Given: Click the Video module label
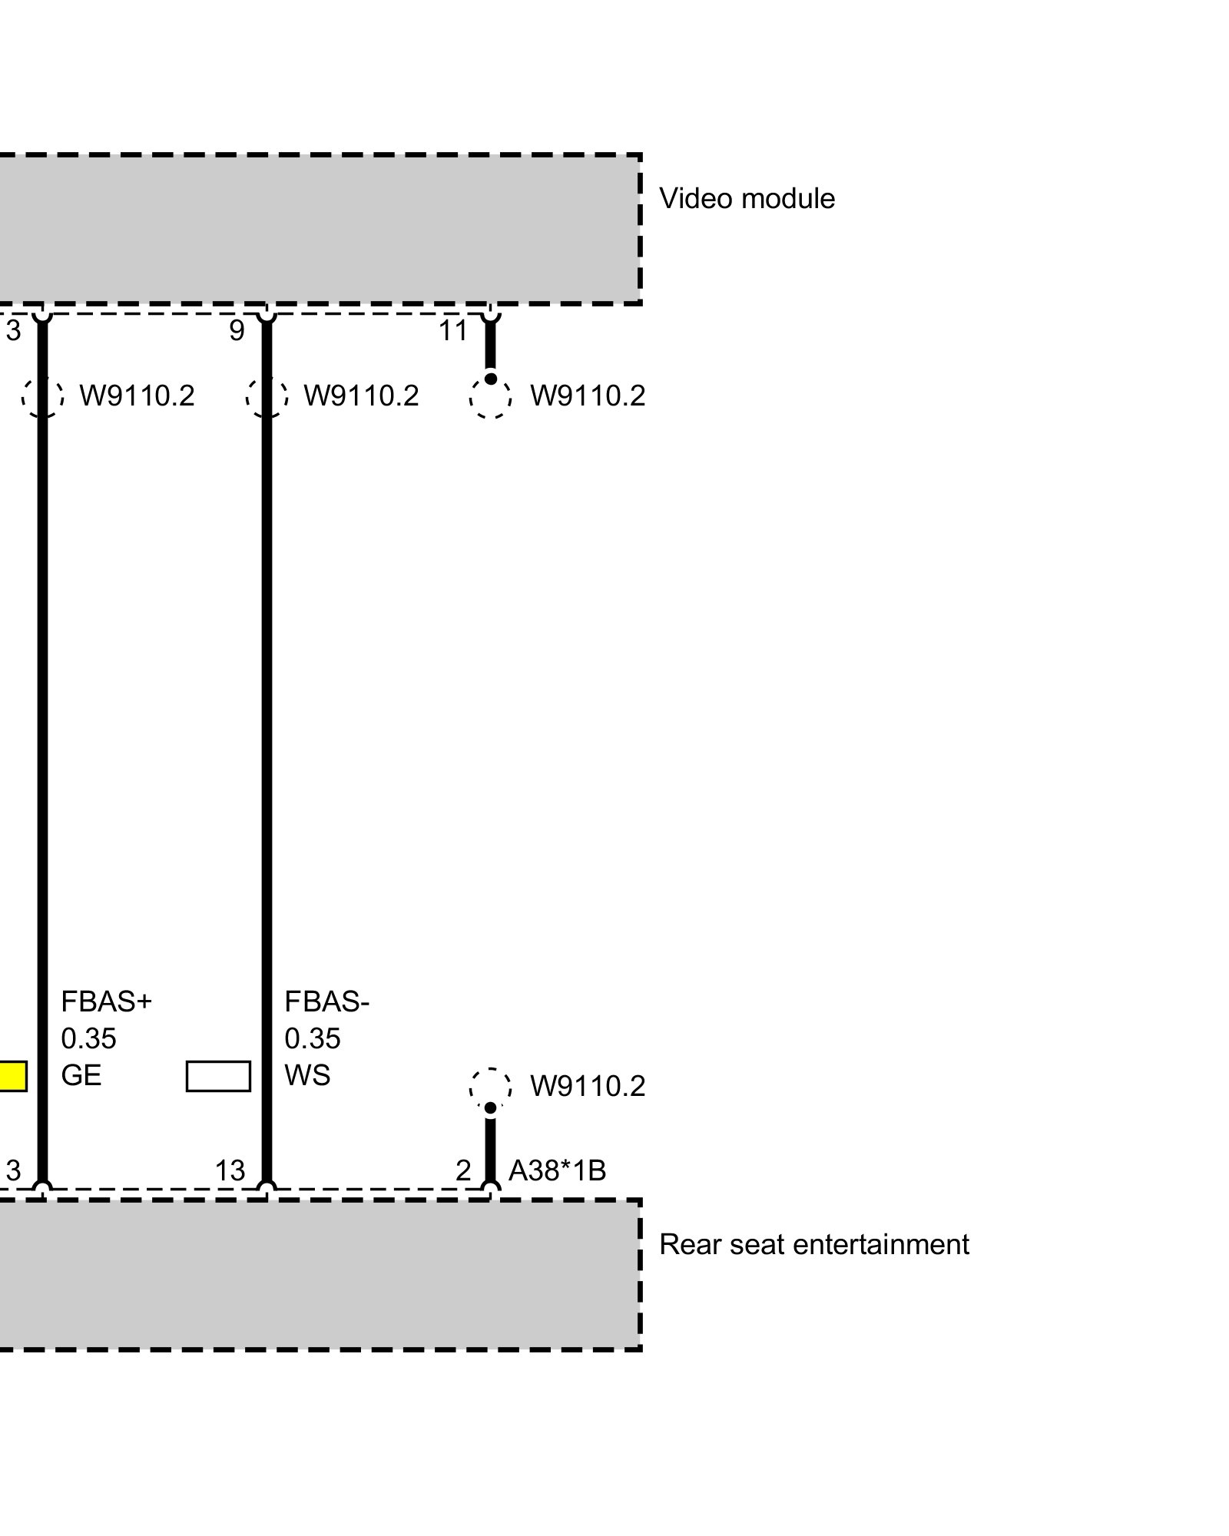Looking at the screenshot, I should pyautogui.click(x=747, y=199).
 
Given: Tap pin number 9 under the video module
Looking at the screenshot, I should pyautogui.click(x=237, y=331).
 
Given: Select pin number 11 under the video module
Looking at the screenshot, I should pyautogui.click(x=453, y=331).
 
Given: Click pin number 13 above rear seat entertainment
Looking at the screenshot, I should pyautogui.click(x=230, y=1170).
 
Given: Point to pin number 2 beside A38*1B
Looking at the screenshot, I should pyautogui.click(x=463, y=1170).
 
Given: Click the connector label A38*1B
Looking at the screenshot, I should pyautogui.click(x=557, y=1170).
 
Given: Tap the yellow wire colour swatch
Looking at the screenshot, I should pyautogui.click(x=12, y=1076).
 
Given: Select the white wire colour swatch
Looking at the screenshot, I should pyautogui.click(x=218, y=1076).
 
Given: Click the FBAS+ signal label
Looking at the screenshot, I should pyautogui.click(x=107, y=1001).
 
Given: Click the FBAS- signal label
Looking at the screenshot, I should pyautogui.click(x=327, y=1001).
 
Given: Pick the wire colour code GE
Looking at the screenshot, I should pyautogui.click(x=81, y=1075).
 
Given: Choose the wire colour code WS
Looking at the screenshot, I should pyautogui.click(x=307, y=1075).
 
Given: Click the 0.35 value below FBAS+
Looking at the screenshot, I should pyautogui.click(x=88, y=1038).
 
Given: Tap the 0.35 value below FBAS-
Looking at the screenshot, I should pyautogui.click(x=313, y=1038).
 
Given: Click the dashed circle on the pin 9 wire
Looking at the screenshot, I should pyautogui.click(x=267, y=397).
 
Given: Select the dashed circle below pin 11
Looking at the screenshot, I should pyautogui.click(x=490, y=397).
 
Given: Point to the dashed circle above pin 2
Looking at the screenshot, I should pyautogui.click(x=490, y=1087).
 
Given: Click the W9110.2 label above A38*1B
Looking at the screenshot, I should pyautogui.click(x=588, y=1086).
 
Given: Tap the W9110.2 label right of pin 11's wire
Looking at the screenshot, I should pyautogui.click(x=588, y=396).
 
